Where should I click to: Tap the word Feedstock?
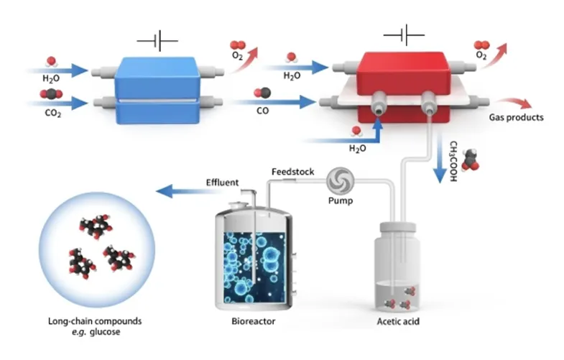(290, 171)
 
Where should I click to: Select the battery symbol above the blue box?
(157, 42)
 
